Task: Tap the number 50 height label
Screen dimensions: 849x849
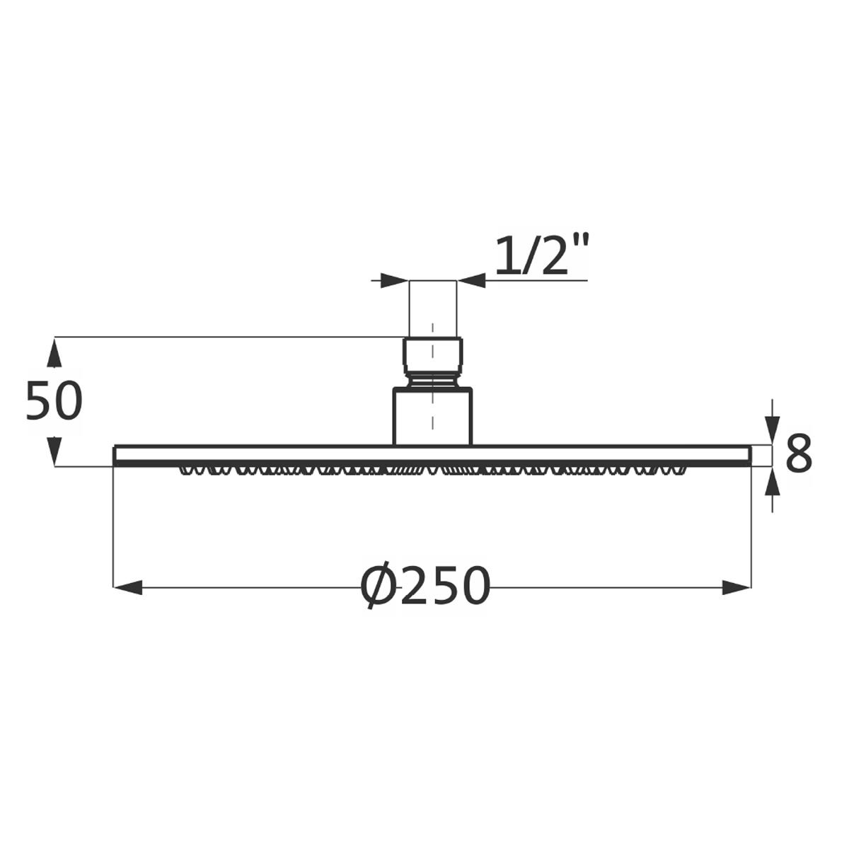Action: coord(54,401)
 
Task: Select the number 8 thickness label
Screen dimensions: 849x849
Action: coord(799,453)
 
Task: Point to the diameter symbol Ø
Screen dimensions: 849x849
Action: coord(380,586)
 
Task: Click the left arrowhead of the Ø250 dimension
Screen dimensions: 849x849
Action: coord(128,587)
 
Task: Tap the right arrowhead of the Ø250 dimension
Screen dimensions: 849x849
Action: coord(737,587)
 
